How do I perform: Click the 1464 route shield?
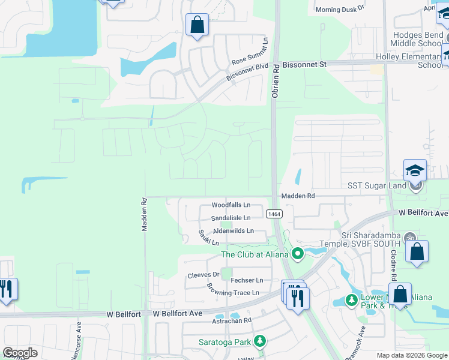[273, 214]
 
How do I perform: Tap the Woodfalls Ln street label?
[231, 205]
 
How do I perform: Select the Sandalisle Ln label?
[231, 218]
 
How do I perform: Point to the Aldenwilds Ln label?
[234, 230]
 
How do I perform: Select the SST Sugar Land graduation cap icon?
[415, 171]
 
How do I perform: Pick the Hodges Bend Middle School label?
[416, 40]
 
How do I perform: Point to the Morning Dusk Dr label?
[340, 10]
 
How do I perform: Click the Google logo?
[20, 353]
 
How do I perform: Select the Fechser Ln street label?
[247, 280]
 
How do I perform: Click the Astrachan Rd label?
[231, 320]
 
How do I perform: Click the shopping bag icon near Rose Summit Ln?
[197, 25]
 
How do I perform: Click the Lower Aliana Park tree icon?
[353, 300]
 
